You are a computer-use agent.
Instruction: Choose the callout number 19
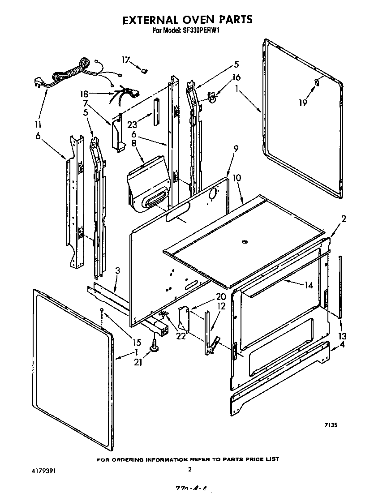[304, 103]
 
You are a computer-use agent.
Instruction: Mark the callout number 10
[236, 178]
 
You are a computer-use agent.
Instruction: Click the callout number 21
[138, 362]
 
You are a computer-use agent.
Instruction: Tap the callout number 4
[342, 344]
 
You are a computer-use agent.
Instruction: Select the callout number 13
[342, 336]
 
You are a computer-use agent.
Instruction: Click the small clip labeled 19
[317, 81]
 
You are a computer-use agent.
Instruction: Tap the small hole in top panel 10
[244, 242]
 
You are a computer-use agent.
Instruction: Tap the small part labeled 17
[145, 70]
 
